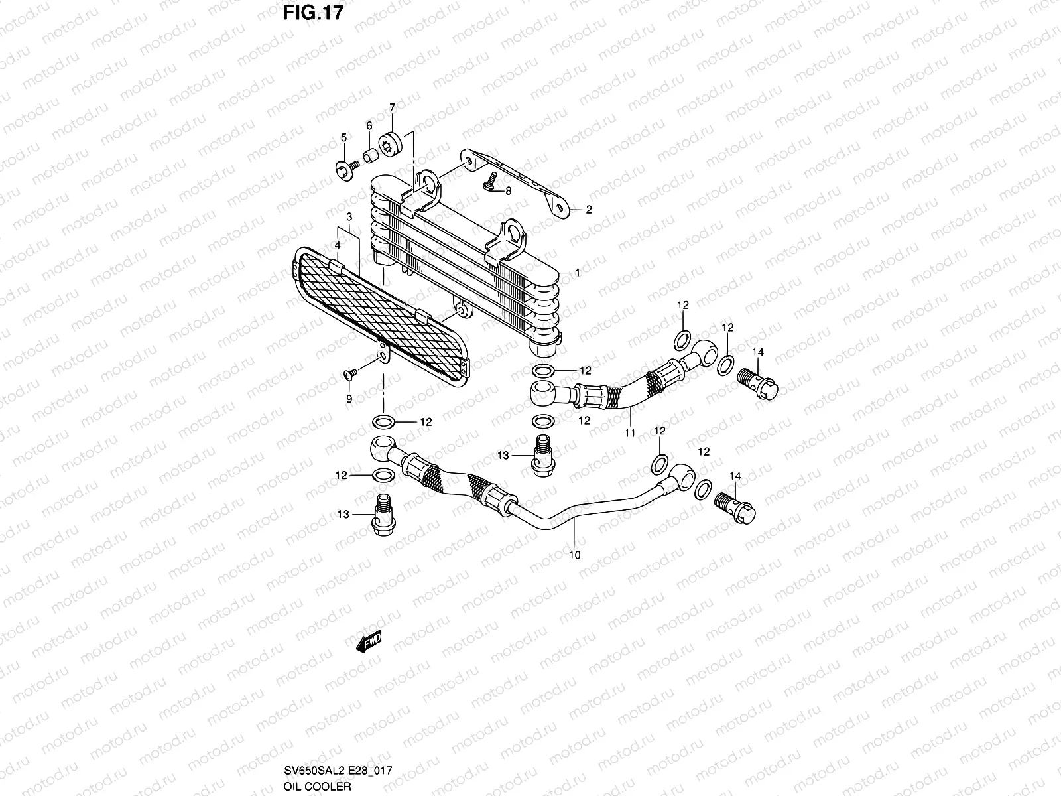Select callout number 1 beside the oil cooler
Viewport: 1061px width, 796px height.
tap(578, 273)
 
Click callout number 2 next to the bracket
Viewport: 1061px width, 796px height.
tap(588, 210)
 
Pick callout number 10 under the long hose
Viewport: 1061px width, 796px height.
tap(574, 555)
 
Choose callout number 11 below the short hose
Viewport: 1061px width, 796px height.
tap(630, 433)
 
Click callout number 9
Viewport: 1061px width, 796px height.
tap(349, 399)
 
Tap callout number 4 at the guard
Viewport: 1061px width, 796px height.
tap(337, 245)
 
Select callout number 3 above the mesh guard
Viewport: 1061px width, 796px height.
tap(349, 217)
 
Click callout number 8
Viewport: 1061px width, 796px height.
tap(508, 191)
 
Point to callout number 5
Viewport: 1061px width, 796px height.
tap(343, 137)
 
